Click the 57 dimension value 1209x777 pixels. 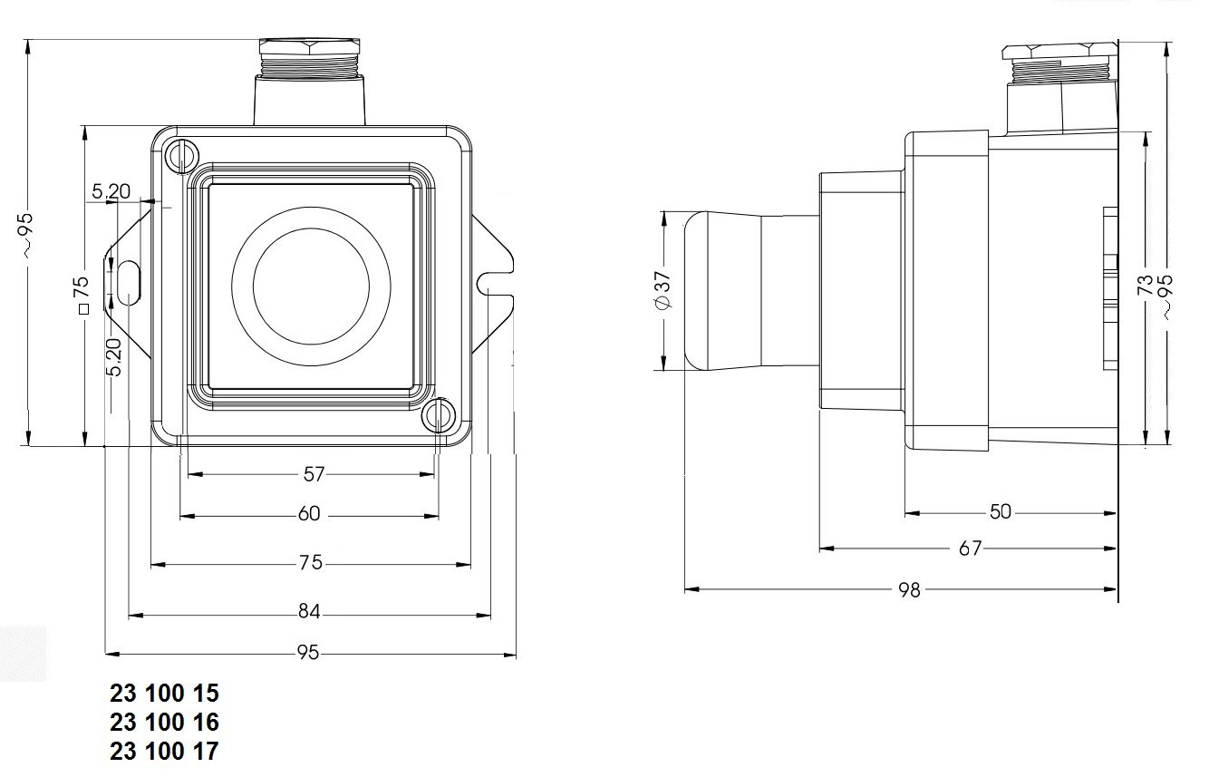pyautogui.click(x=313, y=473)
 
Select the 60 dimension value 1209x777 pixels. pyautogui.click(x=309, y=514)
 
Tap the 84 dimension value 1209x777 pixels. pyautogui.click(x=309, y=613)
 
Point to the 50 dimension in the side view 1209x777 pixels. pyautogui.click(x=1000, y=511)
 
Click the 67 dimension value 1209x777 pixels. pyautogui.click(x=970, y=548)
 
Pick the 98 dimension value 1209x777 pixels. pyautogui.click(x=908, y=589)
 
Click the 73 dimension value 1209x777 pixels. pyautogui.click(x=1146, y=287)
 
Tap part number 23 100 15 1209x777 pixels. pyautogui.click(x=164, y=694)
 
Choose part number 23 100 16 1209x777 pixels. pyautogui.click(x=164, y=723)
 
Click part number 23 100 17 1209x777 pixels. pyautogui.click(x=164, y=752)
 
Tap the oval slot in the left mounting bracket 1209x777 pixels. pyautogui.click(x=130, y=281)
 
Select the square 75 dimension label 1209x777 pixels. pyautogui.click(x=81, y=294)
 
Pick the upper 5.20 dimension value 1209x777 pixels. pyautogui.click(x=111, y=192)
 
